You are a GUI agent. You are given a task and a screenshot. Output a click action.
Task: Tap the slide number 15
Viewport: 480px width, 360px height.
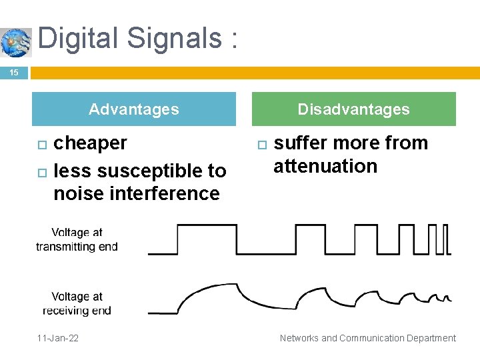(14, 73)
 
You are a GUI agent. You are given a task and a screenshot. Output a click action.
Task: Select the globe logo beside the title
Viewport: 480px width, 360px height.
(16, 42)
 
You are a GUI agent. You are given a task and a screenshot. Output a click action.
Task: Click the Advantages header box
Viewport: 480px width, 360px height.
(134, 109)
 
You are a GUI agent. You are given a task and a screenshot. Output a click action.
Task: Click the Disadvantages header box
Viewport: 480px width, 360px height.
(353, 109)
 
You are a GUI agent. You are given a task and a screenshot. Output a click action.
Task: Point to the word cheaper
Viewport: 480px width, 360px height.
(90, 143)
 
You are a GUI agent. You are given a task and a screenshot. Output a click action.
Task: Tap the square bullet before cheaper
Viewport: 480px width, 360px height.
(41, 145)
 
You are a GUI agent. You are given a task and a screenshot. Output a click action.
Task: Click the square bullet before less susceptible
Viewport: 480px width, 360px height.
(41, 173)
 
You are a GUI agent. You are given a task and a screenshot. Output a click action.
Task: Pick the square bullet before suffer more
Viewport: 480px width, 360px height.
(262, 145)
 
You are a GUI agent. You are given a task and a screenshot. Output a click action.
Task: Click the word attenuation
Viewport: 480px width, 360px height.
(325, 166)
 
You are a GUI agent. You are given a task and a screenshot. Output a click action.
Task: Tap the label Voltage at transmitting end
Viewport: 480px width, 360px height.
(77, 239)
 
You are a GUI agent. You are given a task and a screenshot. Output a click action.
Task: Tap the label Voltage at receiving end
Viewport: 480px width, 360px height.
(77, 303)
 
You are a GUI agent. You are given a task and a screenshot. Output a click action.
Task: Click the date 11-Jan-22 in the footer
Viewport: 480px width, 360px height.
(57, 338)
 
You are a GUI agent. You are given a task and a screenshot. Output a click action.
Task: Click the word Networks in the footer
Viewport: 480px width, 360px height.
(299, 338)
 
